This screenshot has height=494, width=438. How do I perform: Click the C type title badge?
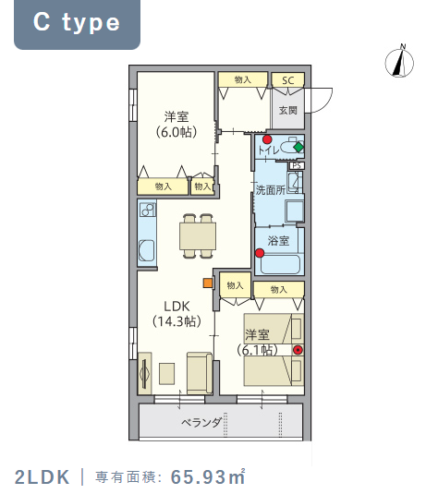coord(77,24)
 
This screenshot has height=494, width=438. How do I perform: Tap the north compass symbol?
coord(399,62)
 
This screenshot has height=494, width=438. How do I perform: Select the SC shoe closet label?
coord(288,80)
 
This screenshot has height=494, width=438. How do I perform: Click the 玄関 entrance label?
coord(288,110)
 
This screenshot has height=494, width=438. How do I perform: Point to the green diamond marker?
coord(298,147)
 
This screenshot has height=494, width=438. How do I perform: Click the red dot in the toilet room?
coord(267,139)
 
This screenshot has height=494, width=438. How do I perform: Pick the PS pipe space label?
coord(297,165)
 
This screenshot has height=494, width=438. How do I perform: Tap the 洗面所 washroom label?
coord(271,190)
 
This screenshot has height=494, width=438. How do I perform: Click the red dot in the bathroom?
coord(260,253)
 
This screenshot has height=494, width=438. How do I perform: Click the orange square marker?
coord(208,283)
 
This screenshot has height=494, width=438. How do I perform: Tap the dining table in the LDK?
coord(198,236)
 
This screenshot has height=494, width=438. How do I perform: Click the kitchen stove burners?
coord(148,210)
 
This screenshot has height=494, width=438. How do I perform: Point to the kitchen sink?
coord(147,250)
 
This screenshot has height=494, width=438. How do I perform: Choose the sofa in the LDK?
coord(200,373)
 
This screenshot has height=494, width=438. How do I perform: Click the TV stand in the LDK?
coord(145,373)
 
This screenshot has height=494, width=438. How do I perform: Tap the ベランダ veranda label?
coord(201,422)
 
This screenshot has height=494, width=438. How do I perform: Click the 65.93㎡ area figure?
coord(208,477)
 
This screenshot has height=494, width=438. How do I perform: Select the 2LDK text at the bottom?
coord(42,477)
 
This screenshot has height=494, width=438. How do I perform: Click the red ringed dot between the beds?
coord(298,350)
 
